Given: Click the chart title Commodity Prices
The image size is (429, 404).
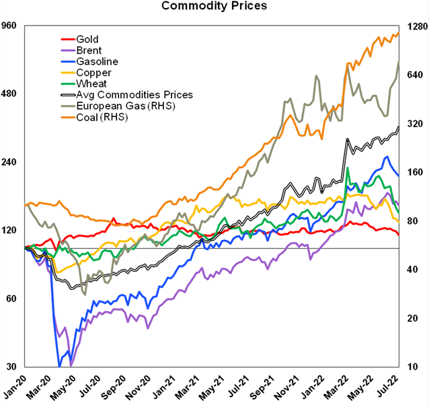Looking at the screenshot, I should tap(214, 7).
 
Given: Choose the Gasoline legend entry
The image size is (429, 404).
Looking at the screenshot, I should tap(93, 61).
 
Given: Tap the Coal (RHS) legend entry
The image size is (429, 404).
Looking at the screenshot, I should tap(102, 117).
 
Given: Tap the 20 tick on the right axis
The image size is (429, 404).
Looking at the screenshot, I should tap(411, 318).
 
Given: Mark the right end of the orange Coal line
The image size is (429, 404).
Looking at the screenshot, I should tap(399, 33).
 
